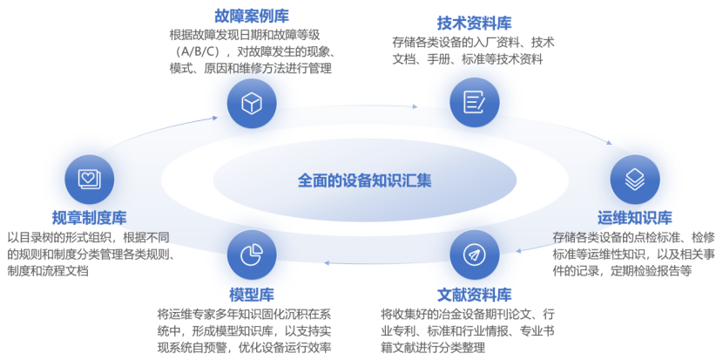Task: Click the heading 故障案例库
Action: pos(252,17)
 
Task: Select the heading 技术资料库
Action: pos(475,23)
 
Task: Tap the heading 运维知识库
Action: pos(635,217)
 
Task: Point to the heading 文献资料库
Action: pos(475,294)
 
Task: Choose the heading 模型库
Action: pos(252,294)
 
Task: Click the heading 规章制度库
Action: pos(90,217)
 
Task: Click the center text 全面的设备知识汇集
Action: pos(365,180)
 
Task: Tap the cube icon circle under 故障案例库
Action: pos(252,103)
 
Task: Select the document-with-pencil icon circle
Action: pos(475,103)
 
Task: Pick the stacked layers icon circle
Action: pos(635,180)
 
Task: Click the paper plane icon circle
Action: pos(475,255)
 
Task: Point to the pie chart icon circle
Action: pos(252,255)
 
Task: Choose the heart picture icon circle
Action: pos(90,180)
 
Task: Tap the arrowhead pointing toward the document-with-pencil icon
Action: pos(415,106)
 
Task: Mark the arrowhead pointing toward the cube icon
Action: pos(214,118)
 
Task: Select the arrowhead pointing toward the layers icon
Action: pos(609,143)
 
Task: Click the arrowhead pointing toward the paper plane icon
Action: pos(518,252)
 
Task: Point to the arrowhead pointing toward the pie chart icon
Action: pos(326,263)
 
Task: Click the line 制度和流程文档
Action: pos(48,270)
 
